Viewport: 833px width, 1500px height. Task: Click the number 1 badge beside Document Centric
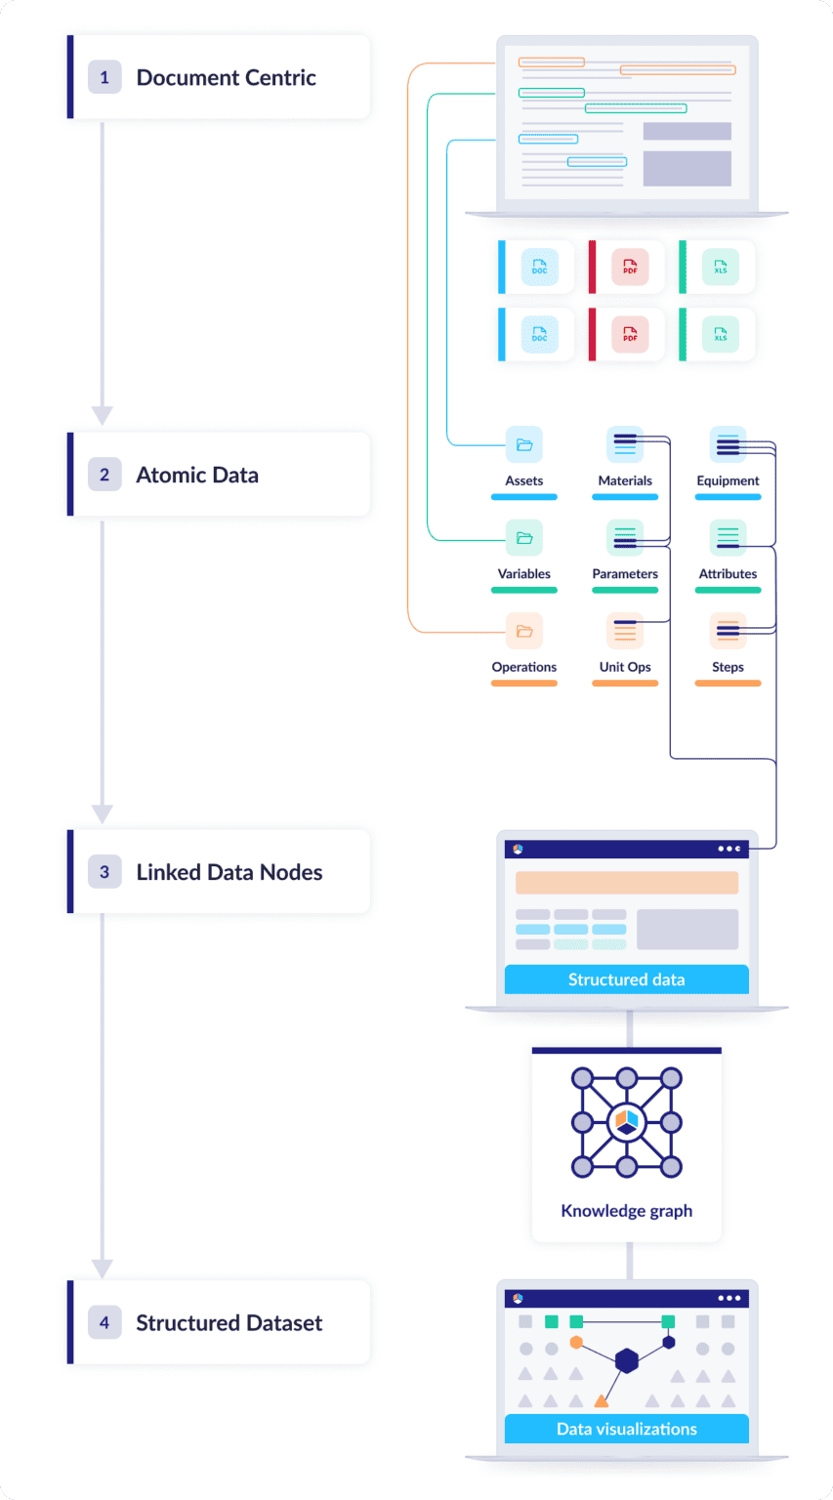tap(104, 77)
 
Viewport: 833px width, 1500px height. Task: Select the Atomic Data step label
tap(197, 475)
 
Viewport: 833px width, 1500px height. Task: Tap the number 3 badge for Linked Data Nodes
tap(104, 872)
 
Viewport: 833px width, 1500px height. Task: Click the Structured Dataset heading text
tap(229, 1322)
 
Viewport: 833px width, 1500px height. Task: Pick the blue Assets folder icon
tap(524, 445)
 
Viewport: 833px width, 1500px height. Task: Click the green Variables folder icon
tap(524, 538)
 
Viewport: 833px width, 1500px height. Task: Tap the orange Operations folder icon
tap(524, 631)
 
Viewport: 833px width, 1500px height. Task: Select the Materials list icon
tap(625, 445)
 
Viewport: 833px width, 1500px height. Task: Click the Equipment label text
tap(728, 480)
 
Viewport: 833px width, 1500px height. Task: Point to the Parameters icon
tap(625, 538)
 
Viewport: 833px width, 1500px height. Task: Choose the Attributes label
tap(728, 574)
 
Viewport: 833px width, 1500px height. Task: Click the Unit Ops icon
tap(625, 631)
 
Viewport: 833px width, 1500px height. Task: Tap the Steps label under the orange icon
tap(728, 667)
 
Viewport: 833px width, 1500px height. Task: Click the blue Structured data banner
tap(626, 979)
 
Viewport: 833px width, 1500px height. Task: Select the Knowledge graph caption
tap(626, 1211)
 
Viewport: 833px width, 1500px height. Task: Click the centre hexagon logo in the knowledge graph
tap(626, 1122)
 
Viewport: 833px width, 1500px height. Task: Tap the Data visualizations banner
tap(626, 1429)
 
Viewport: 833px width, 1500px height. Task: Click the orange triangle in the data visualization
tap(601, 1401)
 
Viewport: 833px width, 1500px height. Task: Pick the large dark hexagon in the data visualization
tap(626, 1359)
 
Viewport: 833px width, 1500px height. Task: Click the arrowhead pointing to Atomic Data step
tap(102, 415)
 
